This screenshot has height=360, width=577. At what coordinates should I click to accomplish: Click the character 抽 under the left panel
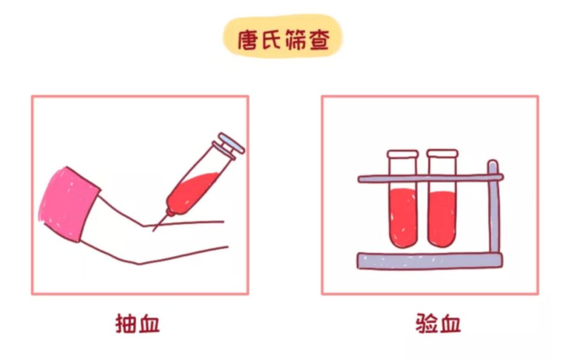tap(126, 324)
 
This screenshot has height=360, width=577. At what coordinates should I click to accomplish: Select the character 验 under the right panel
tap(426, 324)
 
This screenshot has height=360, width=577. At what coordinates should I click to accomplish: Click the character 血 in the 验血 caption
tap(449, 324)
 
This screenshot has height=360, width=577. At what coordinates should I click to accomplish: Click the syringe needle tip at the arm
tap(155, 228)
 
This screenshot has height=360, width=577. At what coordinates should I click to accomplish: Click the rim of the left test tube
tap(402, 154)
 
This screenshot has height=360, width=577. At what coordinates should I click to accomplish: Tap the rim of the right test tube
tap(442, 153)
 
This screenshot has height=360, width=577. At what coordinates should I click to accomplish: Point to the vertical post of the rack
tap(493, 214)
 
